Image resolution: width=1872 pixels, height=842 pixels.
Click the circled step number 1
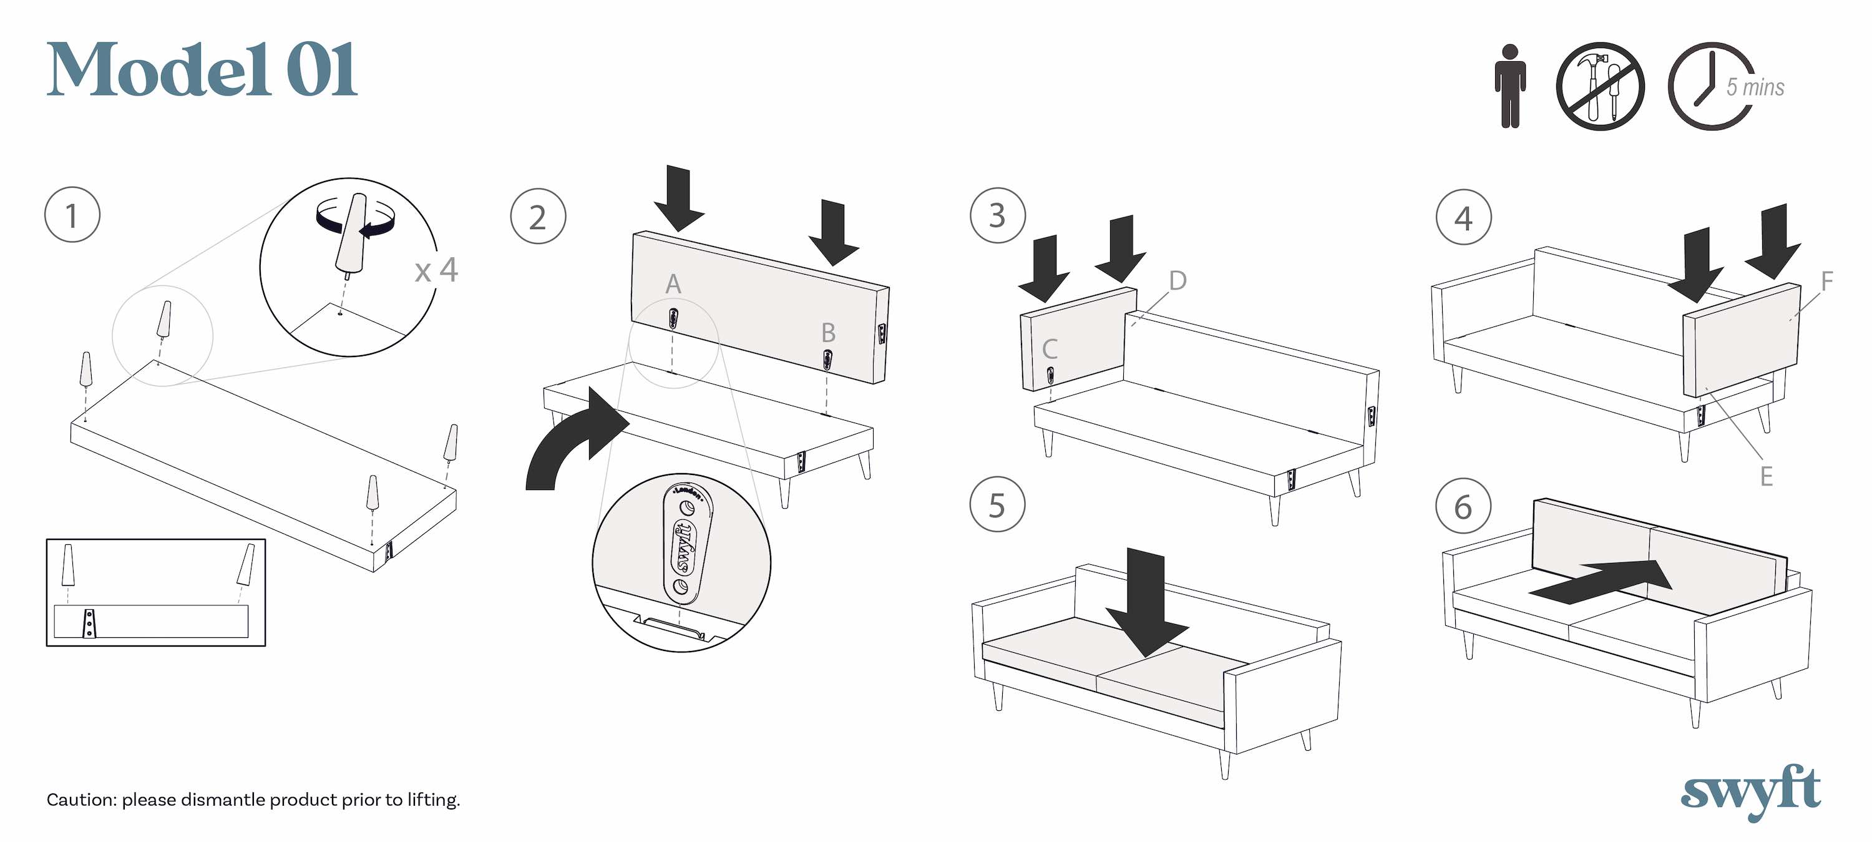pos(72,215)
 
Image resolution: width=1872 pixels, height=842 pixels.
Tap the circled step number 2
pos(538,216)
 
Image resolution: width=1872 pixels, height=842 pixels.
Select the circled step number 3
pos(998,215)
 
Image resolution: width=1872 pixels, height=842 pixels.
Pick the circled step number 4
pos(1463,217)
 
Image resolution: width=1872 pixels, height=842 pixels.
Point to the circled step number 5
pos(997,504)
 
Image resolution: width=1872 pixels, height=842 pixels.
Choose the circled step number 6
pos(1463,506)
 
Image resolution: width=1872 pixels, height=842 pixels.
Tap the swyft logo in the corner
pos(1751,791)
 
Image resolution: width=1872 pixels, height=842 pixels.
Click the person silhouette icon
pos(1510,86)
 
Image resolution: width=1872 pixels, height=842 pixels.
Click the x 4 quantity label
pos(436,270)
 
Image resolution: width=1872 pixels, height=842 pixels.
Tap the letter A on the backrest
pos(673,283)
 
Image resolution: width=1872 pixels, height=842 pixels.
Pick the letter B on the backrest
pos(827,332)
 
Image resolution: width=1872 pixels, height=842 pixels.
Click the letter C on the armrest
pos(1050,349)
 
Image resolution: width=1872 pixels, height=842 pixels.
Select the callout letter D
pos(1177,280)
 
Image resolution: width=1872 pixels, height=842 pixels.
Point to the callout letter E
pos(1766,476)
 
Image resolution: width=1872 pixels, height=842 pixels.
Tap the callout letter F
pos(1827,281)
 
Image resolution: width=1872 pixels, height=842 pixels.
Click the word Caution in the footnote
pos(80,800)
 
